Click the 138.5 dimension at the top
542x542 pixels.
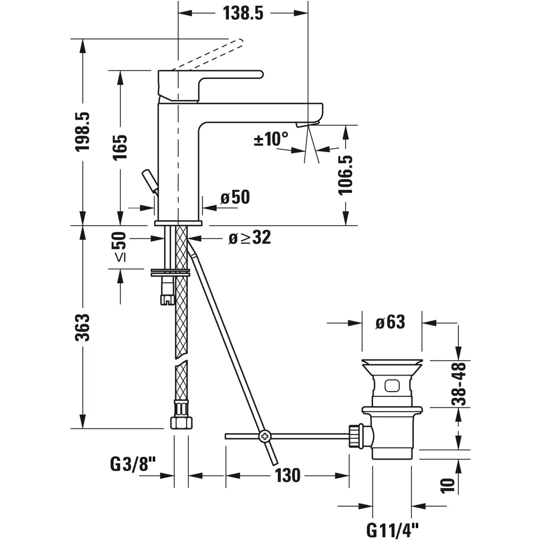pyautogui.click(x=243, y=13)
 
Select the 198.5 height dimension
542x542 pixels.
pyautogui.click(x=82, y=132)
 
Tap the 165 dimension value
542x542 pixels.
pyautogui.click(x=120, y=147)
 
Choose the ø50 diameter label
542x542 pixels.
pyautogui.click(x=235, y=197)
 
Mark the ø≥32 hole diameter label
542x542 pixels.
pyautogui.click(x=250, y=238)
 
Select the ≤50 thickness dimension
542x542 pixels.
pyautogui.click(x=120, y=247)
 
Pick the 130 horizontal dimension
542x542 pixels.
pyautogui.click(x=288, y=476)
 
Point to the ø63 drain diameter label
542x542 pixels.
pyautogui.click(x=390, y=322)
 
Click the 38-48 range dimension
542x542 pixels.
pyautogui.click(x=459, y=384)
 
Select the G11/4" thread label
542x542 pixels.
pyautogui.click(x=392, y=530)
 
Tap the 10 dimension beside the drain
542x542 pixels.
pyautogui.click(x=447, y=485)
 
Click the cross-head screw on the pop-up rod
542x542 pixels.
pyautogui.click(x=265, y=436)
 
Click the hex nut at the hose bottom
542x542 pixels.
pyautogui.click(x=181, y=422)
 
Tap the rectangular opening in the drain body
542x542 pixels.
pyautogui.click(x=392, y=386)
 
